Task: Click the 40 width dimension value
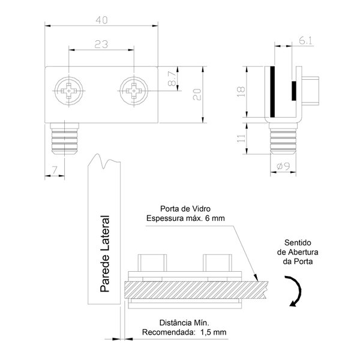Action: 101,19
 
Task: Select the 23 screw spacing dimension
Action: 101,43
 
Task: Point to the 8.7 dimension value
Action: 172,79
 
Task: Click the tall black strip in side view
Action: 272,94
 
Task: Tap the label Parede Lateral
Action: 104,254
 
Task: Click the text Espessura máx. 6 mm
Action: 185,219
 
